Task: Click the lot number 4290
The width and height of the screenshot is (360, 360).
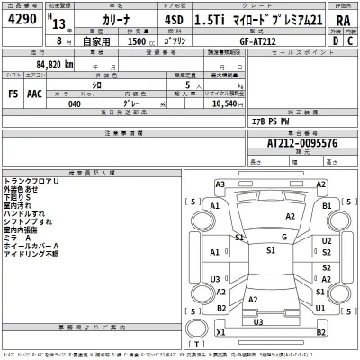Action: click(x=22, y=19)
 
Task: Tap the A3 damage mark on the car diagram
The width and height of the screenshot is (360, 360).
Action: click(x=220, y=184)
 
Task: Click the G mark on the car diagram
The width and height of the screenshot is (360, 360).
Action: click(x=283, y=237)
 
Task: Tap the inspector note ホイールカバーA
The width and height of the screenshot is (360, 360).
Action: click(x=31, y=246)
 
